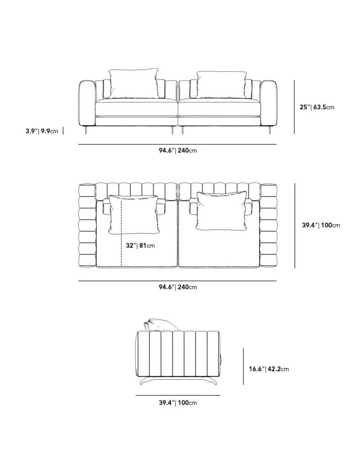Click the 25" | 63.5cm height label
(x=317, y=107)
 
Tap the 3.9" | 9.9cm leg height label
(x=42, y=131)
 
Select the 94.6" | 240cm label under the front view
(x=178, y=150)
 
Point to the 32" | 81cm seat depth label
(x=140, y=246)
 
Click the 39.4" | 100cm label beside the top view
(x=321, y=225)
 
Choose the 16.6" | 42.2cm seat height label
(x=269, y=369)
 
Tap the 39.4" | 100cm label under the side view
(x=178, y=403)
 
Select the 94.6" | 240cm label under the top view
(x=178, y=287)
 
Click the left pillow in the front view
(x=133, y=83)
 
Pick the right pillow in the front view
(x=221, y=85)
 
